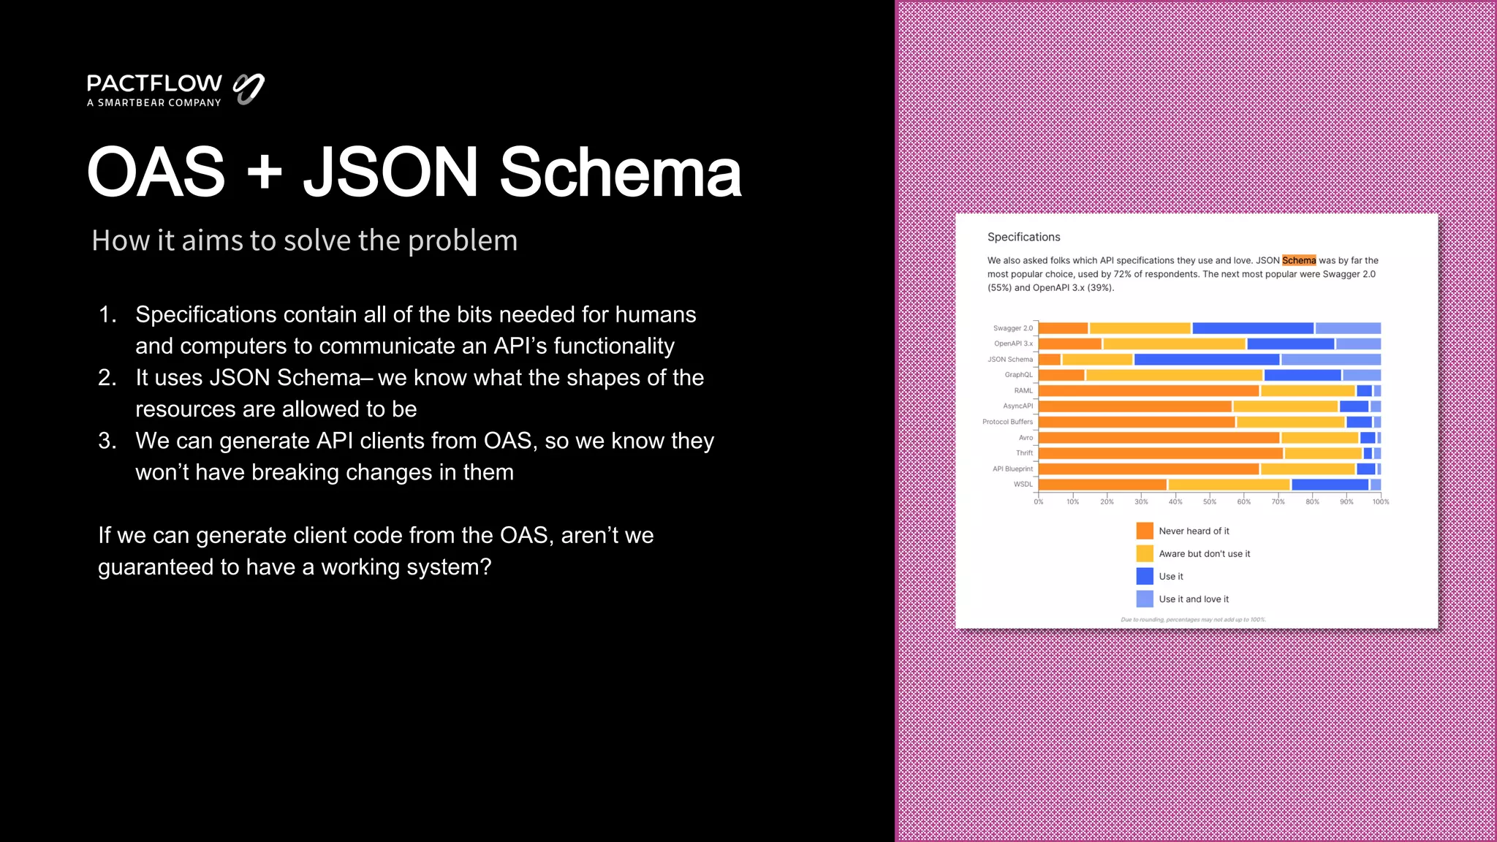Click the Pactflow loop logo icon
tap(249, 88)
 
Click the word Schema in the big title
tap(621, 172)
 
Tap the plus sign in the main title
tap(264, 172)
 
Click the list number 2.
tap(107, 378)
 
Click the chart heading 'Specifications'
tap(1023, 237)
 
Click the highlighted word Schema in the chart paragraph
tap(1298, 260)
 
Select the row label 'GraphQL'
tap(1018, 375)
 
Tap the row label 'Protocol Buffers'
tap(1007, 422)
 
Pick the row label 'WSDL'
tap(1023, 485)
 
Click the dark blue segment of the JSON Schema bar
tap(1206, 360)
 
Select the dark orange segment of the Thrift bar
tap(1160, 453)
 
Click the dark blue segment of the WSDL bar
tap(1330, 485)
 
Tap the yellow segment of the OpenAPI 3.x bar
tap(1174, 344)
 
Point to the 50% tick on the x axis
tap(1210, 502)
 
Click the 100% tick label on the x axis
tap(1380, 502)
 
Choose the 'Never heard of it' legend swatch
tap(1145, 531)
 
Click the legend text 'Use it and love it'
tap(1193, 599)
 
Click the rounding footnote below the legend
tap(1193, 620)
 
